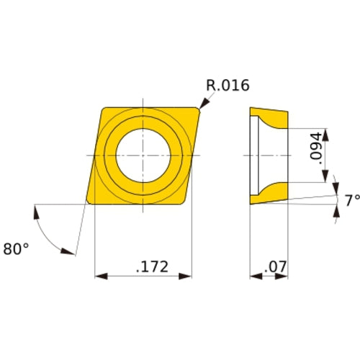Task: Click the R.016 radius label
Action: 228,86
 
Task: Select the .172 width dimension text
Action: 151,266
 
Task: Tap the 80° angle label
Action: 16,248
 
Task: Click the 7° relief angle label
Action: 351,201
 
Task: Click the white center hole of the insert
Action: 143,155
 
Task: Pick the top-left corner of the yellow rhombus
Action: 102,107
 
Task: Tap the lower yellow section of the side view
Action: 270,194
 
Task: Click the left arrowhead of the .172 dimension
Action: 99,276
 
